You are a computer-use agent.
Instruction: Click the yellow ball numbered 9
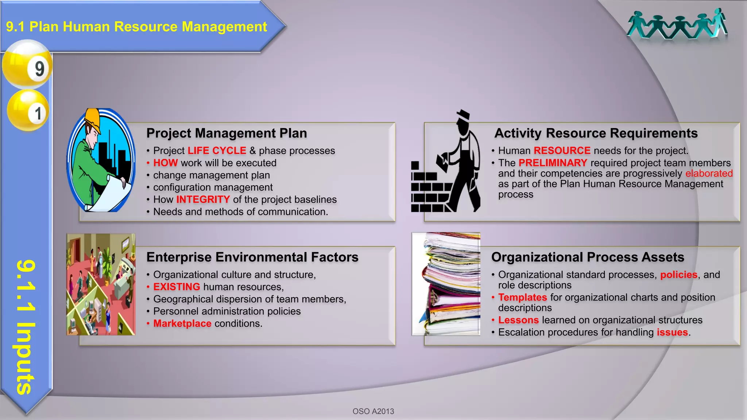(27, 65)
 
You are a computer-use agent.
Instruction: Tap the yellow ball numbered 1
(28, 110)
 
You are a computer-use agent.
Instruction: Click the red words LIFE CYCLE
(217, 151)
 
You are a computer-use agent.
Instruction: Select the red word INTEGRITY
(203, 199)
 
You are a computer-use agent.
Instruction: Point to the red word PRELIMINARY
(553, 163)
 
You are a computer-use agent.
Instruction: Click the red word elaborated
(709, 173)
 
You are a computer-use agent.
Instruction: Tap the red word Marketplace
(182, 323)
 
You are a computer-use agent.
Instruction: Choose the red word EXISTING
(177, 287)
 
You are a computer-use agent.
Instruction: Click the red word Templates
(522, 297)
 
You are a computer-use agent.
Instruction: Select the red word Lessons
(518, 320)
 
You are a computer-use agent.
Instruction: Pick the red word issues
(672, 332)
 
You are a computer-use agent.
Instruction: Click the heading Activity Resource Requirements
(596, 133)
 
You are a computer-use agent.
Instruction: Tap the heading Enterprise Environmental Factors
(252, 257)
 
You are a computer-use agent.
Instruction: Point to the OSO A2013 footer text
(373, 411)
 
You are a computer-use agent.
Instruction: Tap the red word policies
(678, 275)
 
